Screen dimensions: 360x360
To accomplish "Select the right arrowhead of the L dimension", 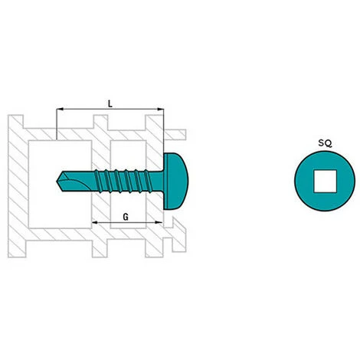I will click(161, 111).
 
